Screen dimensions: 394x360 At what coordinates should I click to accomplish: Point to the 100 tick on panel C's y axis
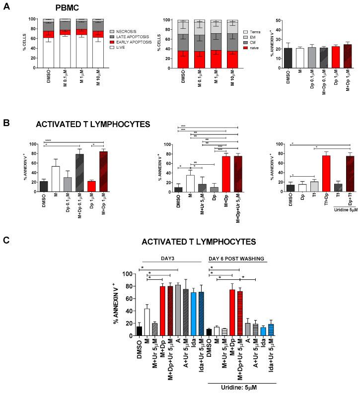point(127,274)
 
